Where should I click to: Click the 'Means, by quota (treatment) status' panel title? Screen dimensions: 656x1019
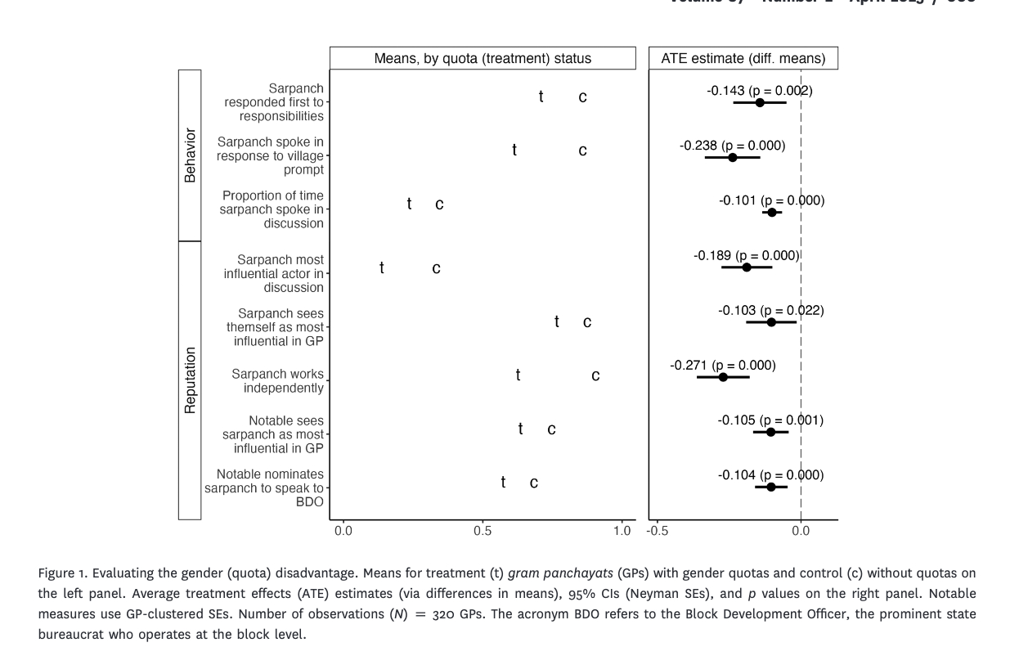pos(483,58)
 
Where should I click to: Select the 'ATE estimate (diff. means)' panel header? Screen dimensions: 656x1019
pos(743,58)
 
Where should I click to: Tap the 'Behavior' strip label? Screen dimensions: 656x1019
pos(190,155)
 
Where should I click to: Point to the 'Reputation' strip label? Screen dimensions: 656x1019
pos(190,380)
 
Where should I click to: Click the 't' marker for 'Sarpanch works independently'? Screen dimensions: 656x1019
pos(518,375)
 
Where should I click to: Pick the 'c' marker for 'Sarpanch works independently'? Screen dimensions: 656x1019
pos(595,376)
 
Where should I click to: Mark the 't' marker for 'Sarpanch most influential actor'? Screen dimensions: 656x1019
pos(382,268)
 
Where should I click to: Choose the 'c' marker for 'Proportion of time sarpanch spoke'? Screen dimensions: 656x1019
pos(439,204)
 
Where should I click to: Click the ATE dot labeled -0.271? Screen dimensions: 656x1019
pos(723,377)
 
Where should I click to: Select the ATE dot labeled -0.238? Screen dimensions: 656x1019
pos(733,157)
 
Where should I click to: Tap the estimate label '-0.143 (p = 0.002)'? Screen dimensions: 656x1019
pos(760,91)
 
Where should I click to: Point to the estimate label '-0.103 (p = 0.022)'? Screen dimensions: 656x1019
pos(771,311)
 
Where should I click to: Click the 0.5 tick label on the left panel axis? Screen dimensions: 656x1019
pos(483,531)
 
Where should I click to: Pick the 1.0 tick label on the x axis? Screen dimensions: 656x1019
pos(622,531)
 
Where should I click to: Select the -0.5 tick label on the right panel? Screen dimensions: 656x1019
pos(657,531)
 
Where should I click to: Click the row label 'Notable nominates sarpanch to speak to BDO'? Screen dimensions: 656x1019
pos(264,488)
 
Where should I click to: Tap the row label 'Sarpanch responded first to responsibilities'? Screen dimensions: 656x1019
pos(274,102)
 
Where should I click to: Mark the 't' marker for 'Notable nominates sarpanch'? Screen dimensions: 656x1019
pos(503,483)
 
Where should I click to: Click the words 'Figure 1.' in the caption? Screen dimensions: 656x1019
pos(62,573)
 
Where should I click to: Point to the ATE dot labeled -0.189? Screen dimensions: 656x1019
pos(747,267)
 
